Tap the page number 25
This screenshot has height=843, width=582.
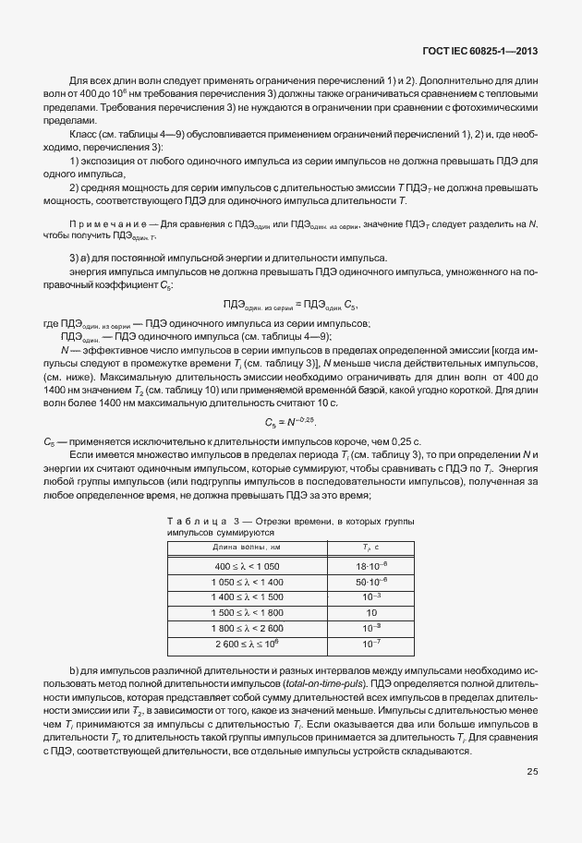coord(533,771)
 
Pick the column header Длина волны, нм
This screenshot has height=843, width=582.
coord(247,548)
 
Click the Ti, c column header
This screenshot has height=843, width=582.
coord(371,548)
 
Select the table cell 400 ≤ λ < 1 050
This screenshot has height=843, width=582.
coord(247,564)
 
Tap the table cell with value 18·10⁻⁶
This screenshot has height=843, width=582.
coord(371,564)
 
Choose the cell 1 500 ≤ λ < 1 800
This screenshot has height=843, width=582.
coord(247,611)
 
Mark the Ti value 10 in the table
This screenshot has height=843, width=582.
coord(371,611)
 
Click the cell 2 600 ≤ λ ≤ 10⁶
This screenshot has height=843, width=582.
coord(247,643)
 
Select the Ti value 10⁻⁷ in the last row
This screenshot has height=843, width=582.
coord(371,643)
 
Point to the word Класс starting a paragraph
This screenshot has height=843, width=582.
coord(85,135)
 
